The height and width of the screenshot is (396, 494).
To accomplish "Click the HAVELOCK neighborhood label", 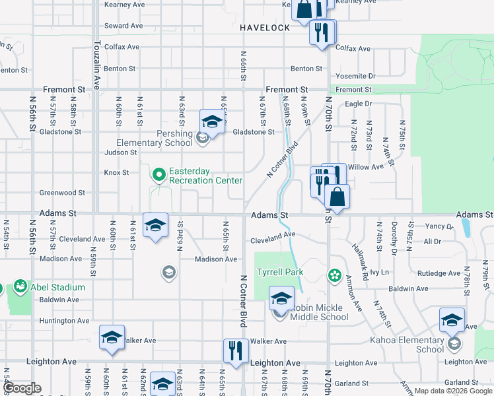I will click(265, 28).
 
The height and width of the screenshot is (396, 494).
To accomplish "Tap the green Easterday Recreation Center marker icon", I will click(159, 175).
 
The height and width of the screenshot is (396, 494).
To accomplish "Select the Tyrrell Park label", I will click(279, 272).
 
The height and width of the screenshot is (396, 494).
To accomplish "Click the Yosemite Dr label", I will click(355, 76).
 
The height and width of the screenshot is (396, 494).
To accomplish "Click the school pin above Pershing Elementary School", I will click(212, 121).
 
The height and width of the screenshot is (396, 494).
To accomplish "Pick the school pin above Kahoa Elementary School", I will click(452, 321).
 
